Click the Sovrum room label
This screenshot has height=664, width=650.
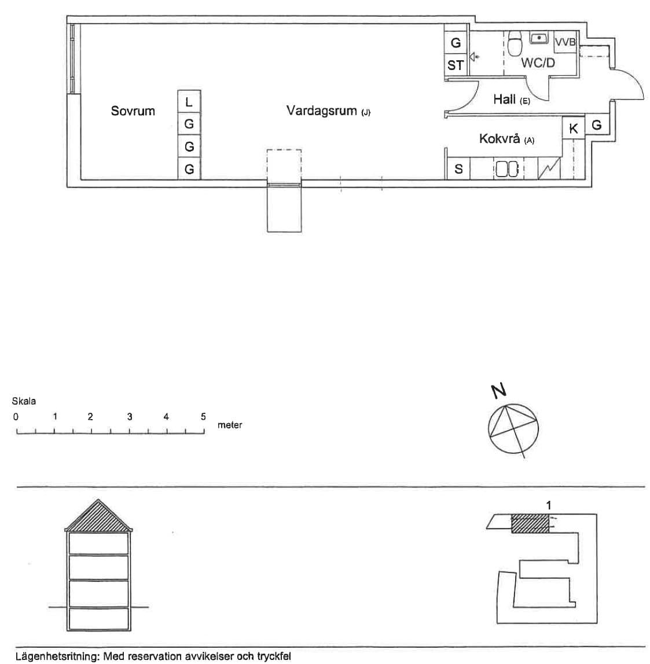tap(133, 111)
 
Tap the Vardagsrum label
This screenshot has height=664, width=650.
tap(321, 111)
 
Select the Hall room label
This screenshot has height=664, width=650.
tap(504, 100)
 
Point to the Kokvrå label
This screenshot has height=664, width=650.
tap(500, 138)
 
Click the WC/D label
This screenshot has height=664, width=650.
tap(538, 63)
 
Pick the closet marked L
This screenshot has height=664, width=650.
tap(189, 102)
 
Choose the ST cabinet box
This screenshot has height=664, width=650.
tap(456, 65)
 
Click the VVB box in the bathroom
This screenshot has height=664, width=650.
tap(565, 42)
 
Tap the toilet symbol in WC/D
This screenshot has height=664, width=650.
tap(515, 43)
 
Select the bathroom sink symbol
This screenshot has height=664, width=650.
tap(539, 38)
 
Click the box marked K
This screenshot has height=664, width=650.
tap(574, 128)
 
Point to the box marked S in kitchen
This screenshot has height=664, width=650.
tap(458, 169)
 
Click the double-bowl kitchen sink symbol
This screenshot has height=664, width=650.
tap(507, 169)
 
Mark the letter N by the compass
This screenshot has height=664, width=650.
tap(498, 391)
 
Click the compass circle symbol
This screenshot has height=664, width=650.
tap(513, 428)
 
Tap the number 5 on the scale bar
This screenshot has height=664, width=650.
tap(203, 417)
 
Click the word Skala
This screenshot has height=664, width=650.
tap(24, 401)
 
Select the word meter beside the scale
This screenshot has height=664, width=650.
tap(230, 425)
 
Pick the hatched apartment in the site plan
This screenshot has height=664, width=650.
tap(530, 523)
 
